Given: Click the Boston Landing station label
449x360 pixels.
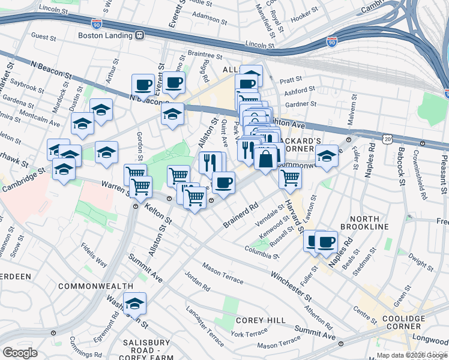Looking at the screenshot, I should [104, 35].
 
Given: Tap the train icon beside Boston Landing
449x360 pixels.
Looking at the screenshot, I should [139, 35].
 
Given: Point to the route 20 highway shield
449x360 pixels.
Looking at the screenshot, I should [388, 139].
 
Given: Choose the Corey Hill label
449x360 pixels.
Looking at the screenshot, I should [261, 320].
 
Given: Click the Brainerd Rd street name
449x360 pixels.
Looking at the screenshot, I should [241, 214].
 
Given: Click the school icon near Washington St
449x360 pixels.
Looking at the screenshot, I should [134, 304].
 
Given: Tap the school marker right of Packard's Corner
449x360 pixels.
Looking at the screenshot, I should [326, 157].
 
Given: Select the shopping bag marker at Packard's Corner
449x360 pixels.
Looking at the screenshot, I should [266, 159].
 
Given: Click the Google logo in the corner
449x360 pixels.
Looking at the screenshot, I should [20, 353].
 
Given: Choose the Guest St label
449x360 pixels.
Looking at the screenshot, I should [43, 37].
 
